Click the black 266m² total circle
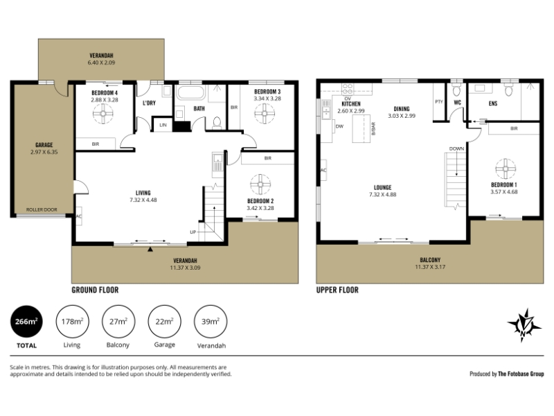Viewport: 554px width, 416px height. click(26, 322)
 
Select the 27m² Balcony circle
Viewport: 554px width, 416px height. click(118, 322)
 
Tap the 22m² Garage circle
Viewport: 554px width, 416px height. click(164, 322)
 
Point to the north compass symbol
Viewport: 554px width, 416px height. click(524, 325)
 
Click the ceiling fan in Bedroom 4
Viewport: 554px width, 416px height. click(103, 114)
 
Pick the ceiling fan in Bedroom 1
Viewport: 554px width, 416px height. click(506, 168)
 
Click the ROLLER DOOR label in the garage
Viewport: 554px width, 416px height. click(42, 210)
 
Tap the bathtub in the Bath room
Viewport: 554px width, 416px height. click(191, 93)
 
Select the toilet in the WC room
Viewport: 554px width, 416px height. click(456, 90)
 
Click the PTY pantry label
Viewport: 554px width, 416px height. click(439, 102)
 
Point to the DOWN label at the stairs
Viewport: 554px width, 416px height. click(456, 148)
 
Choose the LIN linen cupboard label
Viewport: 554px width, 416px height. click(163, 125)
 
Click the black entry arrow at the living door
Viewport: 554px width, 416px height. click(150, 250)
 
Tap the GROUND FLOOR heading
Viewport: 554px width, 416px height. click(95, 290)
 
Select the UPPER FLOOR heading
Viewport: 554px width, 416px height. click(337, 290)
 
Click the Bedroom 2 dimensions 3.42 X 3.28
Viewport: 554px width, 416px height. click(260, 208)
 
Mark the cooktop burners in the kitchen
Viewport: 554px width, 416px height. click(348, 88)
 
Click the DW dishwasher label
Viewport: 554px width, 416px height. click(339, 126)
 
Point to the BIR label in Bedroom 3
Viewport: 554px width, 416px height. click(234, 107)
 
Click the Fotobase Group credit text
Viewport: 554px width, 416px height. click(506, 374)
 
